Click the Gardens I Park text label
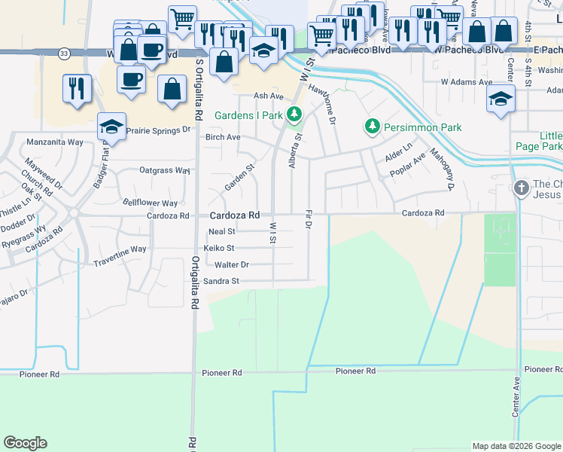pyautogui.click(x=248, y=116)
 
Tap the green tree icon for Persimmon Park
pyautogui.click(x=370, y=126)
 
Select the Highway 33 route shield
pyautogui.click(x=65, y=53)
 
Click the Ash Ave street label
pyautogui.click(x=268, y=96)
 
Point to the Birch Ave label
pyautogui.click(x=223, y=137)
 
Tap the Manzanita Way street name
pyautogui.click(x=54, y=141)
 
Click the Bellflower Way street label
pyautogui.click(x=151, y=203)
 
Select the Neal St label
pyautogui.click(x=222, y=231)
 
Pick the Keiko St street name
pyautogui.click(x=219, y=248)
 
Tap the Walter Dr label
pyautogui.click(x=231, y=265)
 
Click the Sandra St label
pyautogui.click(x=221, y=281)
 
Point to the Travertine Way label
pyautogui.click(x=119, y=249)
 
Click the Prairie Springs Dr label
pyautogui.click(x=158, y=130)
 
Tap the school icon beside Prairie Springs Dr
pyautogui.click(x=111, y=127)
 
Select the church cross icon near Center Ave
pyautogui.click(x=521, y=187)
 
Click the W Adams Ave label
pyautogui.click(x=466, y=81)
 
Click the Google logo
pyautogui.click(x=25, y=443)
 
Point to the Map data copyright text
pyautogui.click(x=516, y=446)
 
